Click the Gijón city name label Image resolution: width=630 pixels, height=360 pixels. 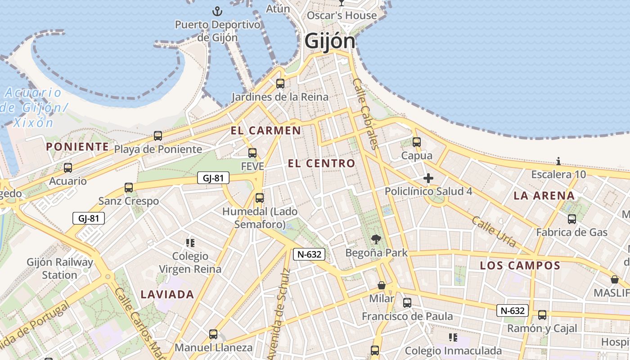(x=330, y=41)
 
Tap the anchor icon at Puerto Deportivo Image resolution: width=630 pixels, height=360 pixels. (x=217, y=11)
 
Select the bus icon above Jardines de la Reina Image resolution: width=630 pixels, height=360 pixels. (x=280, y=83)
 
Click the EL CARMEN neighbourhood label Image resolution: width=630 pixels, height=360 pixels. (x=265, y=131)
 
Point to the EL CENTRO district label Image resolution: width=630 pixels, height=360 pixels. (x=321, y=163)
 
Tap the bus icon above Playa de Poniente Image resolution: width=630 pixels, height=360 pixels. (x=157, y=135)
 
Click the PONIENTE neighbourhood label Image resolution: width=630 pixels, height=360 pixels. (x=77, y=147)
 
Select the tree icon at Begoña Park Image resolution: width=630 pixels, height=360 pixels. (x=376, y=239)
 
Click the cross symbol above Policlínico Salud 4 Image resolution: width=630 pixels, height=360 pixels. (x=428, y=179)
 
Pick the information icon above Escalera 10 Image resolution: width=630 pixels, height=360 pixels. (x=558, y=161)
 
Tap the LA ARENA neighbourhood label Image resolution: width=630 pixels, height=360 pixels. (x=544, y=196)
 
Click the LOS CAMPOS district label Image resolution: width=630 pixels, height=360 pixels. (x=520, y=265)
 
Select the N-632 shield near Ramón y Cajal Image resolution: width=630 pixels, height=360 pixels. (x=512, y=310)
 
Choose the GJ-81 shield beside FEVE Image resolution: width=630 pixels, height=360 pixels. (x=213, y=178)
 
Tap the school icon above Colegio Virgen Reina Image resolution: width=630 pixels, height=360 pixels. (x=190, y=243)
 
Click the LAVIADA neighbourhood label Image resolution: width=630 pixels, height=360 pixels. (x=167, y=295)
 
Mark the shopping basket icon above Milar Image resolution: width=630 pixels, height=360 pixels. (x=382, y=285)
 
